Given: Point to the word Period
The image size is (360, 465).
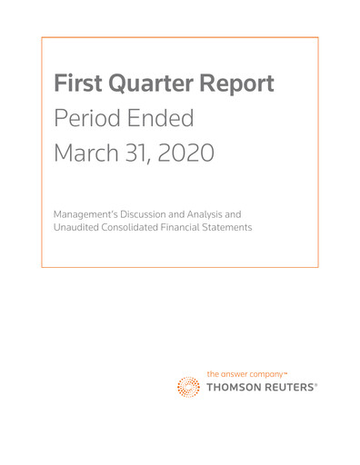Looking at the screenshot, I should pos(88,118).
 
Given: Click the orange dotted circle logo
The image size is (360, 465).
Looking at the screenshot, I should pos(191,386).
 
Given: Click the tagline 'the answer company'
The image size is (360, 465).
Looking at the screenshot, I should pos(246,373).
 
